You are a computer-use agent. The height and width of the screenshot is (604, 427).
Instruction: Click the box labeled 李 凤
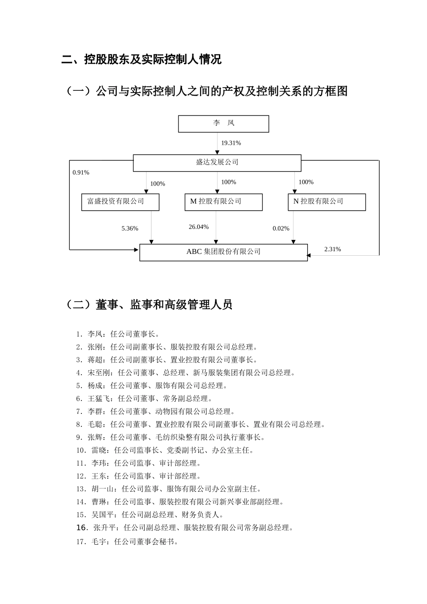click(223, 124)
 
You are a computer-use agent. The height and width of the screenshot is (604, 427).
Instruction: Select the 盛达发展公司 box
click(217, 163)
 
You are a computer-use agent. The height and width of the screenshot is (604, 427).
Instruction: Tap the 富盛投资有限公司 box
click(120, 202)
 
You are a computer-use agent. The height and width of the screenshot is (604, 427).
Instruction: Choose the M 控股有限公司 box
click(223, 202)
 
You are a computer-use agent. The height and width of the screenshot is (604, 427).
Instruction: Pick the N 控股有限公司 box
click(326, 202)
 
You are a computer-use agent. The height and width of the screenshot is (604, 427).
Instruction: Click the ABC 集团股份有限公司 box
click(223, 252)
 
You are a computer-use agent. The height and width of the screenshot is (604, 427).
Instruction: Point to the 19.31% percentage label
click(231, 143)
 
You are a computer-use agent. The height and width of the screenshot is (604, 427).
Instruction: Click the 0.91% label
click(81, 173)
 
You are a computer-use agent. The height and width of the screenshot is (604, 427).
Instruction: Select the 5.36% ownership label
click(130, 229)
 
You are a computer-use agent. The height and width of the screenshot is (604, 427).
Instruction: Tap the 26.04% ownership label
click(199, 227)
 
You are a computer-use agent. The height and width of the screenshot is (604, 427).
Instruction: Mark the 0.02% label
click(281, 229)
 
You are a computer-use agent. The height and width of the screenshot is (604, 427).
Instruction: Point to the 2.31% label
click(333, 249)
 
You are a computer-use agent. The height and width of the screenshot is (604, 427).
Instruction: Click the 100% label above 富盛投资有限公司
click(157, 184)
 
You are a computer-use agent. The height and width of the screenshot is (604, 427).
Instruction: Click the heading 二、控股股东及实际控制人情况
click(142, 59)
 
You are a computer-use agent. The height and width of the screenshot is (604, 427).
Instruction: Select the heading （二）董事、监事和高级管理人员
click(149, 305)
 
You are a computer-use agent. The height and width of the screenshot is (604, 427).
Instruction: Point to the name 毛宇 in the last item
click(99, 542)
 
